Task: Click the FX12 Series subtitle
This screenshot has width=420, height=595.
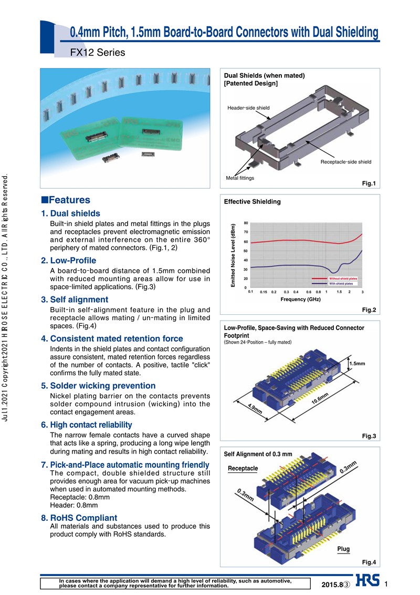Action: click(98, 53)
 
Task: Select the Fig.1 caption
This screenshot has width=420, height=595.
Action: click(369, 183)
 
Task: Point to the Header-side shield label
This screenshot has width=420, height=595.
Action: click(248, 108)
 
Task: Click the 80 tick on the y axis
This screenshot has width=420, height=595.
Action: click(246, 223)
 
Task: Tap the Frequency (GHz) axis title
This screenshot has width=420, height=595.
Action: click(300, 299)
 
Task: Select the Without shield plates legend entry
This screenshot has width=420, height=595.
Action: click(343, 278)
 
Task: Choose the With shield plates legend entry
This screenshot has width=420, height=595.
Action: click(343, 283)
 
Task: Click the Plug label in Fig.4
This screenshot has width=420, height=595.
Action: click(343, 549)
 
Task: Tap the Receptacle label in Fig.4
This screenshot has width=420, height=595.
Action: click(243, 468)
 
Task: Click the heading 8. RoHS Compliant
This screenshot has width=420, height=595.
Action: click(79, 518)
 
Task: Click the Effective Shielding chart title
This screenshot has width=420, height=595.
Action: click(252, 201)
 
